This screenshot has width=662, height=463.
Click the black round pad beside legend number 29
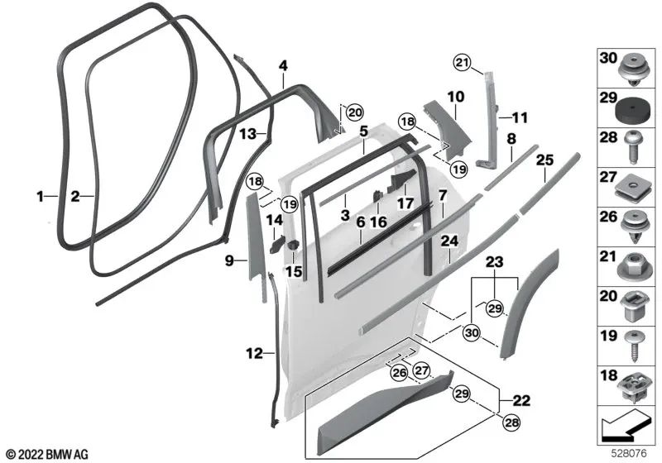633,112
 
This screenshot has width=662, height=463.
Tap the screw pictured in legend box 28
633,147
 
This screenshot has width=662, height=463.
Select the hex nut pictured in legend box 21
633,267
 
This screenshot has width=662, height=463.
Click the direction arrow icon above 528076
626,425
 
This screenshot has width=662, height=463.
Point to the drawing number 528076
629,454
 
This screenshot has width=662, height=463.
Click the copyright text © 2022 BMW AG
47,454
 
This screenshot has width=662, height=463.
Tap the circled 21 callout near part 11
462,63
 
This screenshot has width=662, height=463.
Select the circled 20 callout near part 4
355,112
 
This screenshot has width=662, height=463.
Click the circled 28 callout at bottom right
511,422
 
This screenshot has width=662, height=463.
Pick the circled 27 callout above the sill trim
421,370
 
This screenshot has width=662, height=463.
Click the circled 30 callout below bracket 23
472,332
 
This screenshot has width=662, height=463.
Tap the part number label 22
521,399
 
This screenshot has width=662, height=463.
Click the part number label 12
254,353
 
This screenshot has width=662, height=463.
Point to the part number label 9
229,261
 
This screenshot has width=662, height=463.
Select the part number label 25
544,160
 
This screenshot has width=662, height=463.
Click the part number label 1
40,196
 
